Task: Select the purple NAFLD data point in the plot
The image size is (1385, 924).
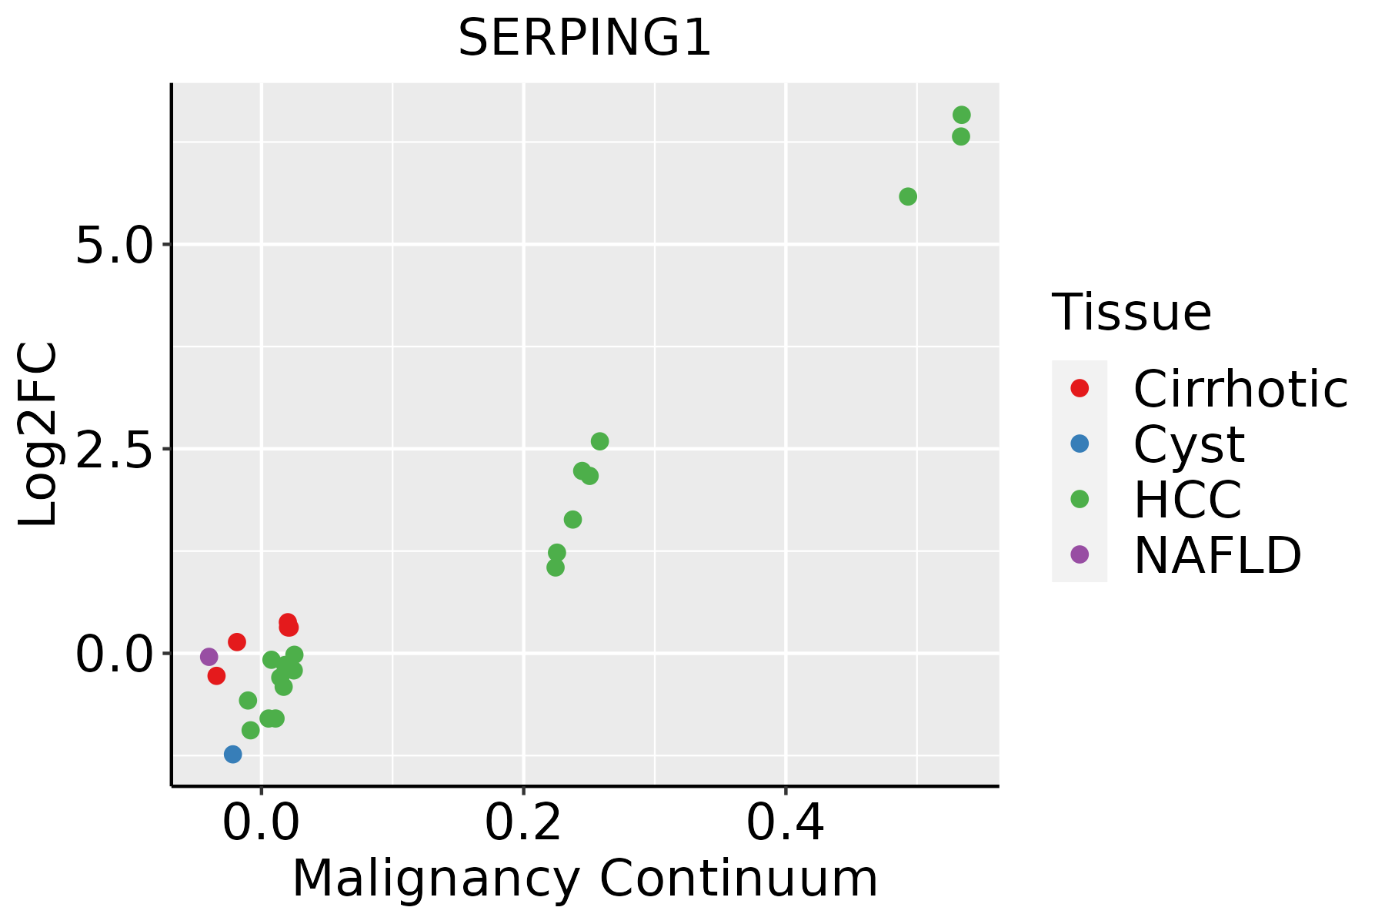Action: [209, 657]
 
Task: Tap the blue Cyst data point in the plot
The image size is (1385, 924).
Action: [232, 754]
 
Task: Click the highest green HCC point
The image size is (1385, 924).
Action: [961, 115]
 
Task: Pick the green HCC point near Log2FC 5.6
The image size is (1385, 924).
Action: [908, 196]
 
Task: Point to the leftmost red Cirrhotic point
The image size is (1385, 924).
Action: [216, 675]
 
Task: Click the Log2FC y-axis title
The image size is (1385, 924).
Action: [38, 435]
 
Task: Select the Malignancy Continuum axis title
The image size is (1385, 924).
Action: [585, 879]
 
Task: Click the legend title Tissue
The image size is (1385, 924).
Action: [1131, 313]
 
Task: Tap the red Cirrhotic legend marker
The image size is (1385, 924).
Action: [1080, 388]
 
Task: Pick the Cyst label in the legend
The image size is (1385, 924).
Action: [1189, 444]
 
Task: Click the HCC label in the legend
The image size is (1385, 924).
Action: [1187, 500]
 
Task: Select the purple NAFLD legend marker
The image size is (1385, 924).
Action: [1080, 554]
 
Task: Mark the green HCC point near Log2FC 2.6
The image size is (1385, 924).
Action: [599, 441]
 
